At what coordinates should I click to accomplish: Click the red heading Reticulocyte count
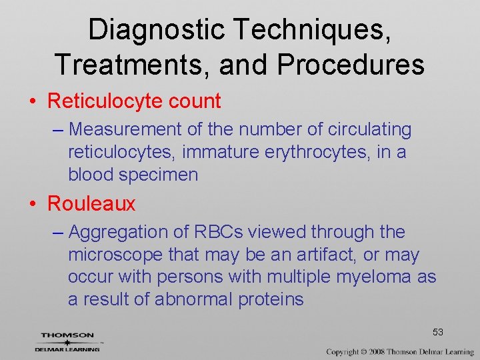point(134,101)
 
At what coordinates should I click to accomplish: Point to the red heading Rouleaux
point(91,204)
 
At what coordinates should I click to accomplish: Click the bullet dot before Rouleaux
point(33,205)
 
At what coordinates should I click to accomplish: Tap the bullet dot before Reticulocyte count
point(33,102)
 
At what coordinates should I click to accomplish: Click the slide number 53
point(438,332)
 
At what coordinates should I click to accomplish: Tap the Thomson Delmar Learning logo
point(67,341)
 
